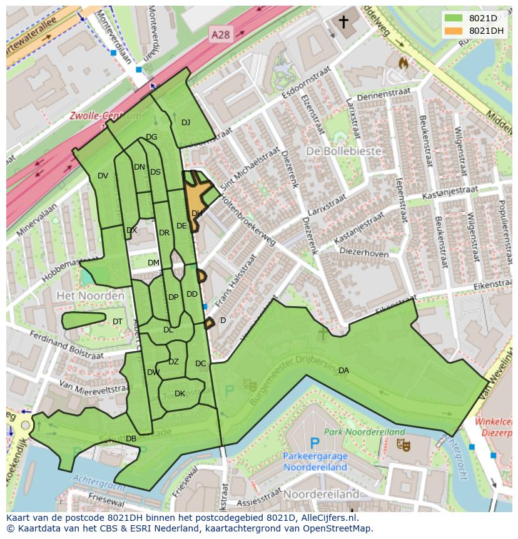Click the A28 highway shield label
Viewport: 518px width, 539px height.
(x=220, y=35)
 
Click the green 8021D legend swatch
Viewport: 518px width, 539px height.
(x=454, y=18)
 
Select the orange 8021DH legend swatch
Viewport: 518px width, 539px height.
(x=454, y=31)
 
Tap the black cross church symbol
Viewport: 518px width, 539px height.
(x=343, y=23)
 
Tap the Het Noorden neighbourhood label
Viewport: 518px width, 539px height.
(x=90, y=295)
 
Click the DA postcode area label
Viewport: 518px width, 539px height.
(x=343, y=371)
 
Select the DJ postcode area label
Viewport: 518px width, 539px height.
(x=186, y=123)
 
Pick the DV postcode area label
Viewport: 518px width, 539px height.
(x=103, y=176)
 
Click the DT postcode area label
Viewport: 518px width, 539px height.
(x=118, y=322)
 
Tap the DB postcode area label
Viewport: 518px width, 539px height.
(x=131, y=439)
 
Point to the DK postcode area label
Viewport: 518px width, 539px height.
(x=180, y=394)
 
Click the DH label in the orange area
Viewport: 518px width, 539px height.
(x=196, y=213)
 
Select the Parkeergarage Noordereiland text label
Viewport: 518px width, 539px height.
(x=315, y=461)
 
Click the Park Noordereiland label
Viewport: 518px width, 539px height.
(x=368, y=432)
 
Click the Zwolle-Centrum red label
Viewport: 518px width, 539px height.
(x=104, y=116)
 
